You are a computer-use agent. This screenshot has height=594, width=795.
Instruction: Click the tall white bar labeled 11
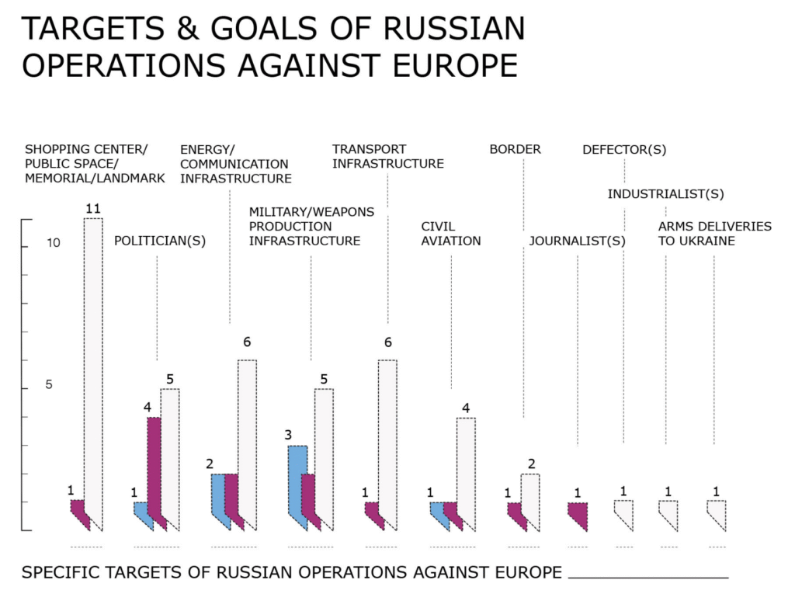click(93, 365)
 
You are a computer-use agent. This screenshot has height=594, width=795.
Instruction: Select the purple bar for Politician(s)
click(154, 466)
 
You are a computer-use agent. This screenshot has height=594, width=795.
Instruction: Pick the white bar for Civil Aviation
click(466, 466)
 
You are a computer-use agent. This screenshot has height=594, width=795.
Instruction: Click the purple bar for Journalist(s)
click(577, 514)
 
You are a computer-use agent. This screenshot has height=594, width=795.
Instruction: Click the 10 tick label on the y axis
click(52, 244)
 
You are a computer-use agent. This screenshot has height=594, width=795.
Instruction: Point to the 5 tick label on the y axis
click(48, 385)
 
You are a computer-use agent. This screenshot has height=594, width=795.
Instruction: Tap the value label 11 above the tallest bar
click(92, 209)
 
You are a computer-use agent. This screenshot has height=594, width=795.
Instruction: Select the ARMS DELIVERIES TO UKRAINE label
click(714, 234)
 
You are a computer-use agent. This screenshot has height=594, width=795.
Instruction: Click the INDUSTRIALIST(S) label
click(665, 194)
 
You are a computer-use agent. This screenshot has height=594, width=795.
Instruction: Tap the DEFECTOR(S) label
click(624, 150)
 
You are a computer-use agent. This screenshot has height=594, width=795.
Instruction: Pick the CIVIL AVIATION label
click(450, 234)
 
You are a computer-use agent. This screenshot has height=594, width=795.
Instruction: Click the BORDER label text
click(515, 149)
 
